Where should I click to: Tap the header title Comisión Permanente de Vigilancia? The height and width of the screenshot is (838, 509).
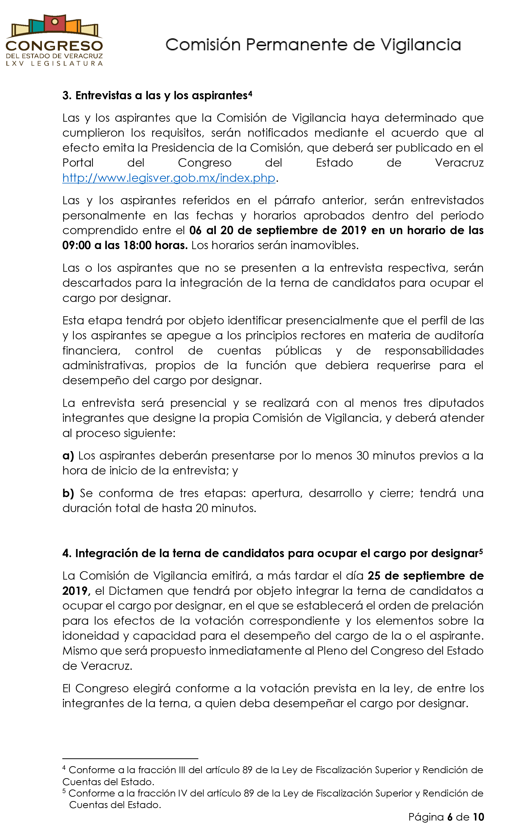(x=313, y=45)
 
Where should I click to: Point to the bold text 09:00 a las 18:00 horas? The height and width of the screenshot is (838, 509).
(x=125, y=245)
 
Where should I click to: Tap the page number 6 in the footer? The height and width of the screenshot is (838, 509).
(x=450, y=817)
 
